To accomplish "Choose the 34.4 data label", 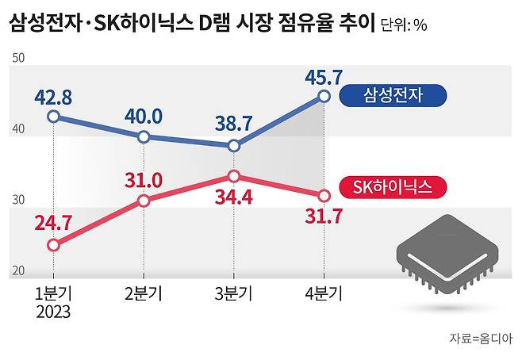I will [233, 194].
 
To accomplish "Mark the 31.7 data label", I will [324, 215].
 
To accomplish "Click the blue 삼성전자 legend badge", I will [392, 97].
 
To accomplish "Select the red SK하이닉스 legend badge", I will [392, 188].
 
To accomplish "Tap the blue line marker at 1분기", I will [53, 117].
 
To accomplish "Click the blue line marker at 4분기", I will [324, 96].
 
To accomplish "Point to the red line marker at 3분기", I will [233, 176].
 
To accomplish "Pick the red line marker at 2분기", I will [144, 201].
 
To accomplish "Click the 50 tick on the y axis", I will [18, 58].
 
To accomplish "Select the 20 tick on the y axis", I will [18, 271].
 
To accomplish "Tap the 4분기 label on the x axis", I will [324, 294].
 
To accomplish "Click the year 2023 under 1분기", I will [53, 312].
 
